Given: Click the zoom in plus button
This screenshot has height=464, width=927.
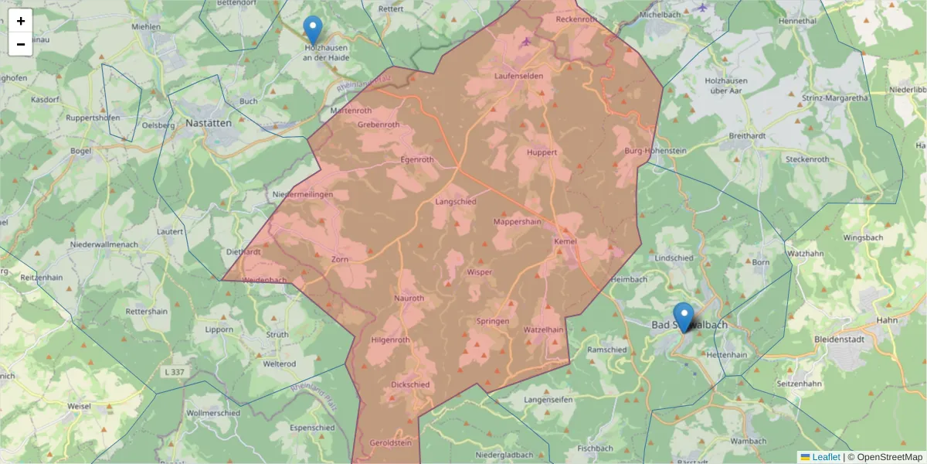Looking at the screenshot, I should [x=21, y=21].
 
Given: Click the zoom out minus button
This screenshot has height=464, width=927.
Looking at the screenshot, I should [x=21, y=44].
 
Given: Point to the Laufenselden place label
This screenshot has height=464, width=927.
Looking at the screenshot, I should [x=518, y=76].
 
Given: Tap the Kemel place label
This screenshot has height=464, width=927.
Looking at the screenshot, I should [x=565, y=242].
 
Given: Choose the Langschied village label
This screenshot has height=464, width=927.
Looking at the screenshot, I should [x=456, y=201].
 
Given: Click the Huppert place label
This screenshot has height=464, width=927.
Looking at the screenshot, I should [x=542, y=152].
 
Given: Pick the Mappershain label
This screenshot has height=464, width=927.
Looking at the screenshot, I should [x=518, y=221].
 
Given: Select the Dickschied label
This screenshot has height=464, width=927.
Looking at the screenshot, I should [x=410, y=384].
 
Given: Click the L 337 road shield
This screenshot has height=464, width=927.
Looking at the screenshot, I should [x=175, y=373].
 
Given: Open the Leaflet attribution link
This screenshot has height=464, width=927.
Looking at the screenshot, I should [x=826, y=457].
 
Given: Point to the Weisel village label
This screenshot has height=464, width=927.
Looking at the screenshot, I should [x=79, y=405].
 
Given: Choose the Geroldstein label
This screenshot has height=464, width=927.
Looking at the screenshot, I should [x=392, y=443].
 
